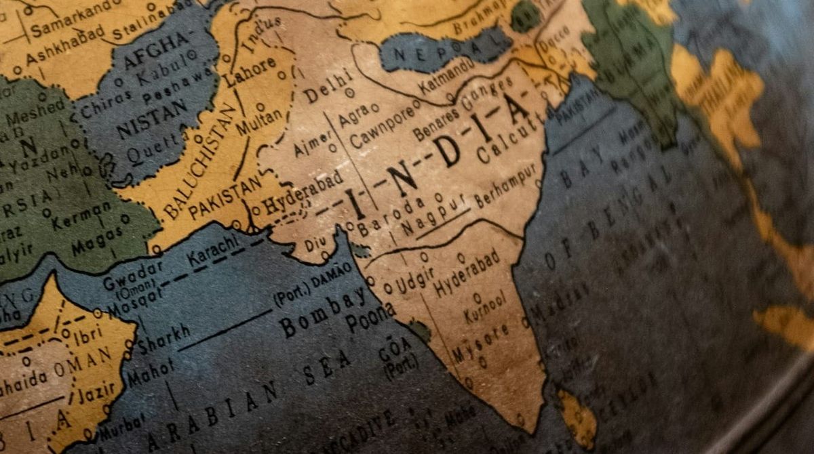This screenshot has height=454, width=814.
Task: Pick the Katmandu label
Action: (446, 76)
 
